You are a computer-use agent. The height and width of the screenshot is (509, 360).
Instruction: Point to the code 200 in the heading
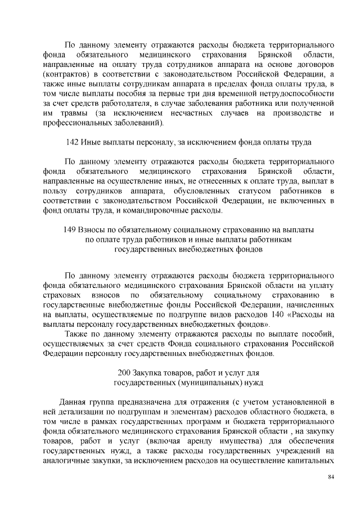click(127, 373)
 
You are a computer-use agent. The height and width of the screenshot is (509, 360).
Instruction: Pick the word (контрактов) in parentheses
click(65, 74)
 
